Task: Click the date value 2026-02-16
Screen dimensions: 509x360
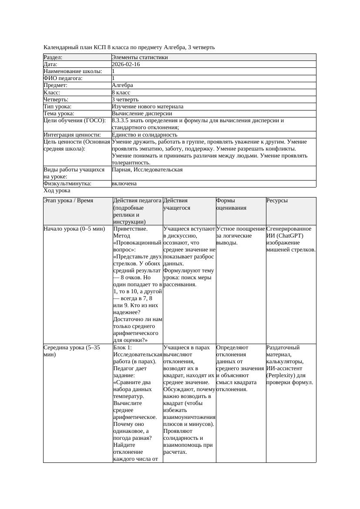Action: (126, 64)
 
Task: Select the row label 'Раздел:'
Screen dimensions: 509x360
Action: (53, 57)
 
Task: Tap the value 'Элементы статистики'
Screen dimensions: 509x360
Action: (140, 57)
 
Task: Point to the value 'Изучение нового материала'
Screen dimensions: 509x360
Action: (148, 107)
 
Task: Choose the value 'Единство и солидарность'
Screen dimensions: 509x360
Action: (145, 135)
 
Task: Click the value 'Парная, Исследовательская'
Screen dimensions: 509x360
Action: (147, 170)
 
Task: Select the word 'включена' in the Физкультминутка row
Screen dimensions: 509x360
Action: (124, 184)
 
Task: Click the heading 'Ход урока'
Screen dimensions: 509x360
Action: (57, 191)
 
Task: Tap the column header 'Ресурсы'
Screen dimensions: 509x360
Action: (277, 201)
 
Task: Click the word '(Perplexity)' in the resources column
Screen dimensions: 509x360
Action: (281, 375)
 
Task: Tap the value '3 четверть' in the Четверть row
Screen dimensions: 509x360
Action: (125, 100)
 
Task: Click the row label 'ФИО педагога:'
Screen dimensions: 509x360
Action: (63, 78)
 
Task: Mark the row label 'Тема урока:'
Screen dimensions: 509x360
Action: (59, 114)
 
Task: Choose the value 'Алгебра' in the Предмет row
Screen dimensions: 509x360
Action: (122, 85)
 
